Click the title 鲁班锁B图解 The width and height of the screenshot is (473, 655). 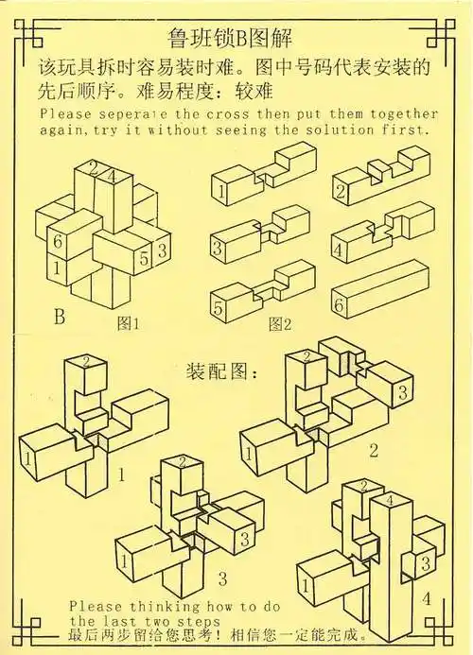[x=236, y=40]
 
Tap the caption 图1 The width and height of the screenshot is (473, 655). [x=129, y=323]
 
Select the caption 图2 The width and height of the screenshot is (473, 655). [x=279, y=324]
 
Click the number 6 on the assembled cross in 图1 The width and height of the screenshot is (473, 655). [x=58, y=243]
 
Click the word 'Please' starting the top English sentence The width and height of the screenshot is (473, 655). [x=64, y=112]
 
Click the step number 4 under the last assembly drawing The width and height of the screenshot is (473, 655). [x=426, y=598]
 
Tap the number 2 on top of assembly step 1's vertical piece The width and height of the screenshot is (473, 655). [x=86, y=360]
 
